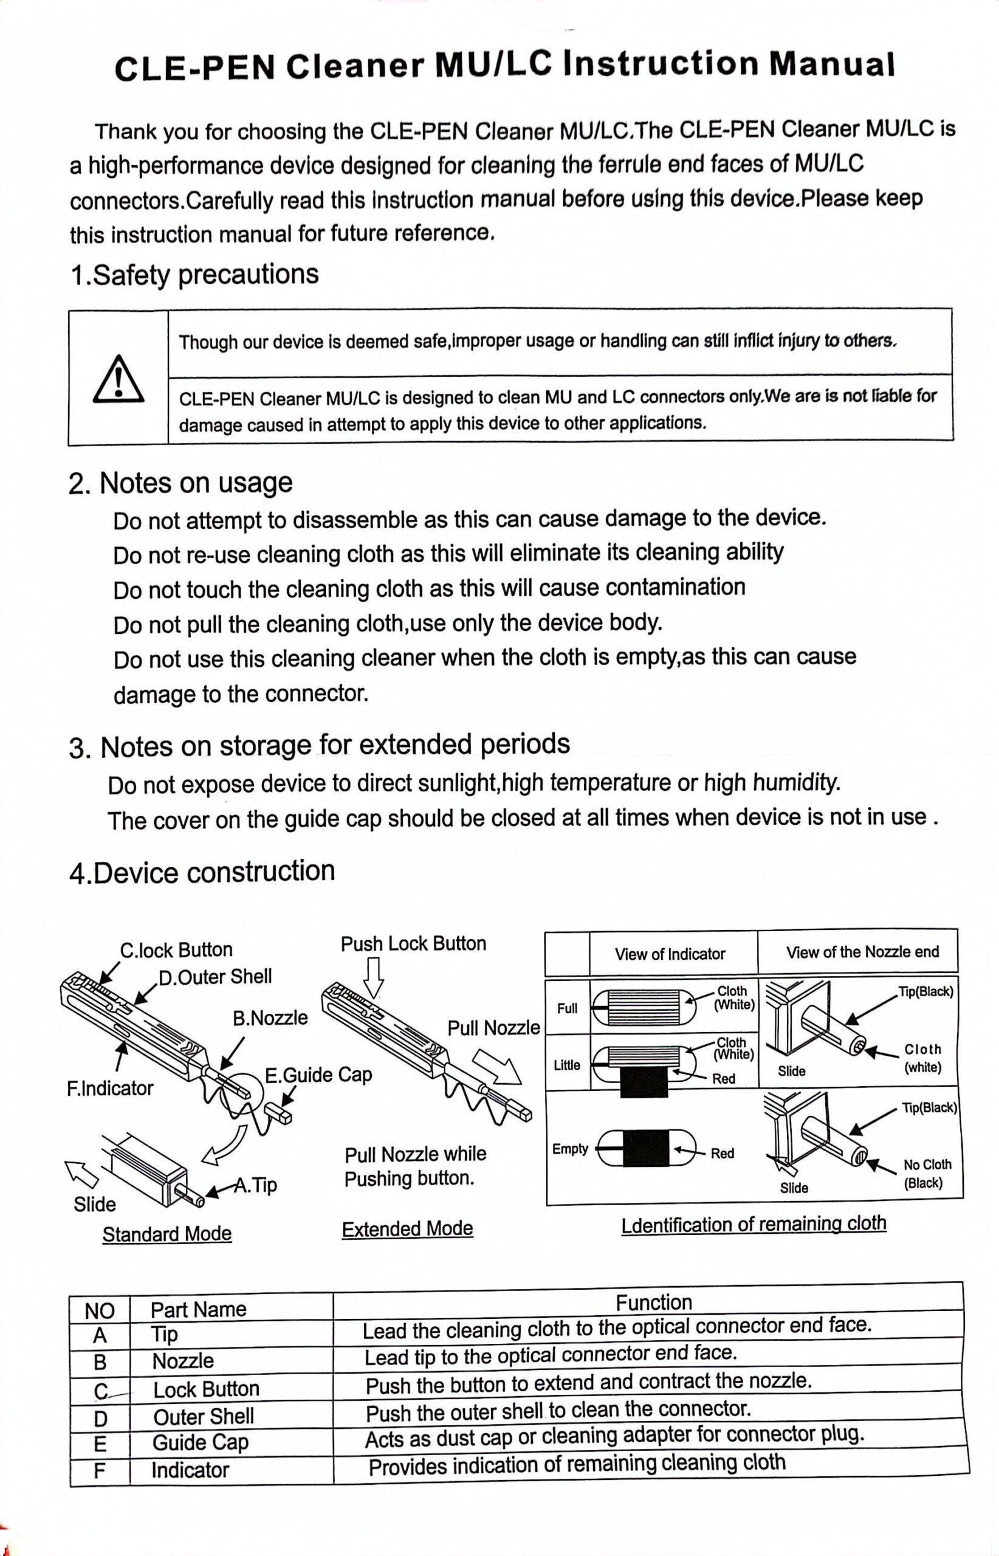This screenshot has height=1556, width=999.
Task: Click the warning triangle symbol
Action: (x=118, y=379)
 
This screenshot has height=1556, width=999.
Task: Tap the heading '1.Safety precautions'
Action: (x=194, y=275)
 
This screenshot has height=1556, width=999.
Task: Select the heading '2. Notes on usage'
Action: (x=180, y=483)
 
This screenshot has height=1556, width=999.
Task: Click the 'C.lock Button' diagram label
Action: (x=176, y=950)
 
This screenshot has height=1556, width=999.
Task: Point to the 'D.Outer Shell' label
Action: (x=215, y=977)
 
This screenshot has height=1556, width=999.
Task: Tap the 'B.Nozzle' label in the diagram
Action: (x=270, y=1017)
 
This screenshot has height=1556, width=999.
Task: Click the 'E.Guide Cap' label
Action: (x=318, y=1075)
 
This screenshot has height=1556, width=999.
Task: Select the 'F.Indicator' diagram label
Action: (x=109, y=1088)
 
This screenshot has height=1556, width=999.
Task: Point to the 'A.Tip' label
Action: (x=256, y=1185)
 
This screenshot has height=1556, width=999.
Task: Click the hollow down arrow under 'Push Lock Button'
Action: (x=374, y=979)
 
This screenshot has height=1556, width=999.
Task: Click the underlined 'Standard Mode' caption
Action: (x=166, y=1233)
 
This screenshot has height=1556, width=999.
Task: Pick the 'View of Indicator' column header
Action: (x=670, y=954)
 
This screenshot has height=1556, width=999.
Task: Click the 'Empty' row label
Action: (x=569, y=1149)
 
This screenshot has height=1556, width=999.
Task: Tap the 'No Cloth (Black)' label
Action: (x=927, y=1173)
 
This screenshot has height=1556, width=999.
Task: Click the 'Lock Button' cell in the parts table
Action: (x=206, y=1389)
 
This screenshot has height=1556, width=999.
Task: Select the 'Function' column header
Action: (x=654, y=1303)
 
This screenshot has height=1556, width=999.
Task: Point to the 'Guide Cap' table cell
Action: (x=201, y=1442)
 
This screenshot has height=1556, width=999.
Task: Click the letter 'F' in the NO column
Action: (x=99, y=1470)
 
